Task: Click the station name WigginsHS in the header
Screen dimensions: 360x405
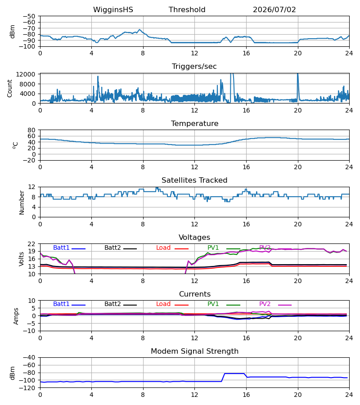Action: click(113, 10)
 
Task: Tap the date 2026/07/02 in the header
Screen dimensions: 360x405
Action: click(274, 10)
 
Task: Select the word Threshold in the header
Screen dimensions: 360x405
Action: click(187, 10)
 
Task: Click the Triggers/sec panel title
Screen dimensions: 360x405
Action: click(194, 67)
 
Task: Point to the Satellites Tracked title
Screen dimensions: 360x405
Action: click(194, 180)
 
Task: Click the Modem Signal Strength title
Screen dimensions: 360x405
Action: click(194, 351)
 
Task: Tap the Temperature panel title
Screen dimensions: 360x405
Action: click(194, 123)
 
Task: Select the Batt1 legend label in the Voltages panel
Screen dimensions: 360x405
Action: click(61, 247)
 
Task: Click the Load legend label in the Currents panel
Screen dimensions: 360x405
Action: click(163, 304)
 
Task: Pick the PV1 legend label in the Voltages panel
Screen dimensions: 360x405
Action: click(213, 247)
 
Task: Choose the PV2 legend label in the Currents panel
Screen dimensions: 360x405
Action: click(265, 304)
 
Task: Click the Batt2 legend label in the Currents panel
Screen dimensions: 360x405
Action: click(112, 304)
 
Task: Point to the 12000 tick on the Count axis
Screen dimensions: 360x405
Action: click(26, 74)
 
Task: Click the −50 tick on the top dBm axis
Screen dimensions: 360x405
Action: click(29, 16)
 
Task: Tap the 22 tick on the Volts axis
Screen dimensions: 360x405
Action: click(31, 244)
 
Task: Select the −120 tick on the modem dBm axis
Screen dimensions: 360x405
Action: click(27, 388)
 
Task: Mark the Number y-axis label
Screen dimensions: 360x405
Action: click(22, 202)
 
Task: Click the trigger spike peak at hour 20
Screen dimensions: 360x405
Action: click(298, 74)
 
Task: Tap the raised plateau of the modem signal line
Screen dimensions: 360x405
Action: click(234, 373)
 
